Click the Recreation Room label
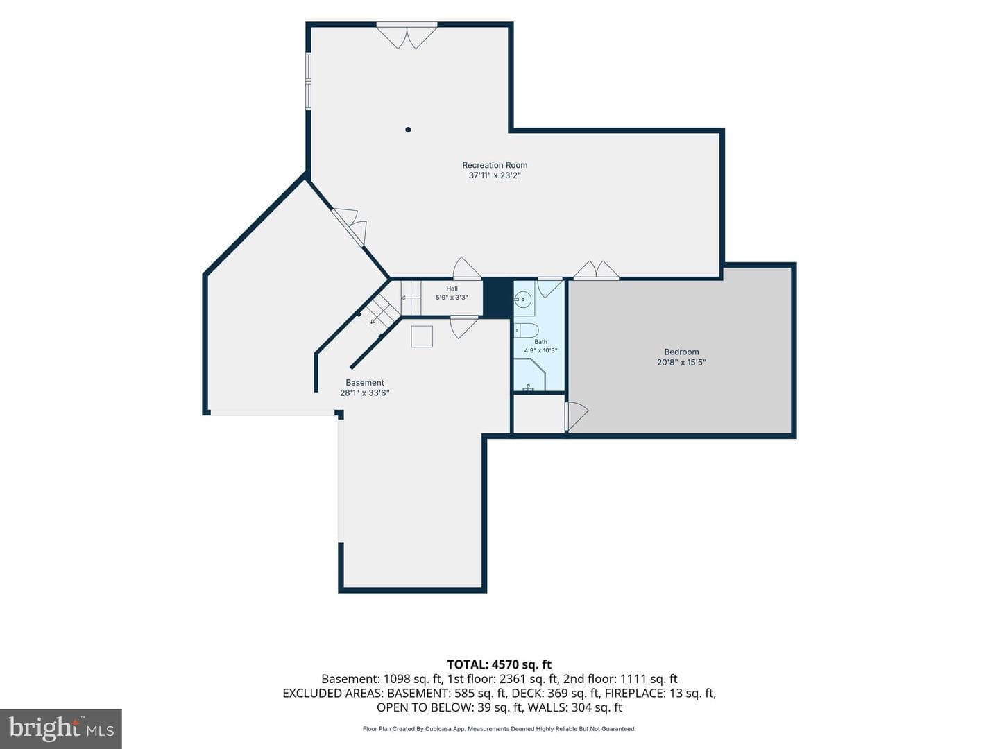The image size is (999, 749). (x=495, y=165)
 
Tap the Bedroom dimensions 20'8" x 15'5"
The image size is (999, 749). (x=681, y=363)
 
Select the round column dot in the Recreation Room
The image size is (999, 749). (x=408, y=130)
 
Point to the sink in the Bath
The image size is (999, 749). (x=523, y=299)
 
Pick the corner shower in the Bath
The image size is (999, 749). (x=530, y=374)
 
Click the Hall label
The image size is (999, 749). (x=452, y=289)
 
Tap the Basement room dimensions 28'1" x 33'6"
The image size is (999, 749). (x=365, y=393)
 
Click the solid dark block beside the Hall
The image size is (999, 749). (x=498, y=298)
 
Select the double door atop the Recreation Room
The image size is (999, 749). (x=407, y=35)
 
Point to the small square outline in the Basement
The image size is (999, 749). (x=422, y=336)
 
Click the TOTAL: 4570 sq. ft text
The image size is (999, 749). (x=499, y=665)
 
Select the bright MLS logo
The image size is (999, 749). (x=61, y=728)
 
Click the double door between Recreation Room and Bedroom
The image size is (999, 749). (x=596, y=270)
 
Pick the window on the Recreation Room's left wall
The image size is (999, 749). (x=308, y=81)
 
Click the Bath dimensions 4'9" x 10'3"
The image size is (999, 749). (x=540, y=351)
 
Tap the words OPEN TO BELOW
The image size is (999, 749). (x=425, y=707)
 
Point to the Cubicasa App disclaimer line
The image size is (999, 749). (x=499, y=729)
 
